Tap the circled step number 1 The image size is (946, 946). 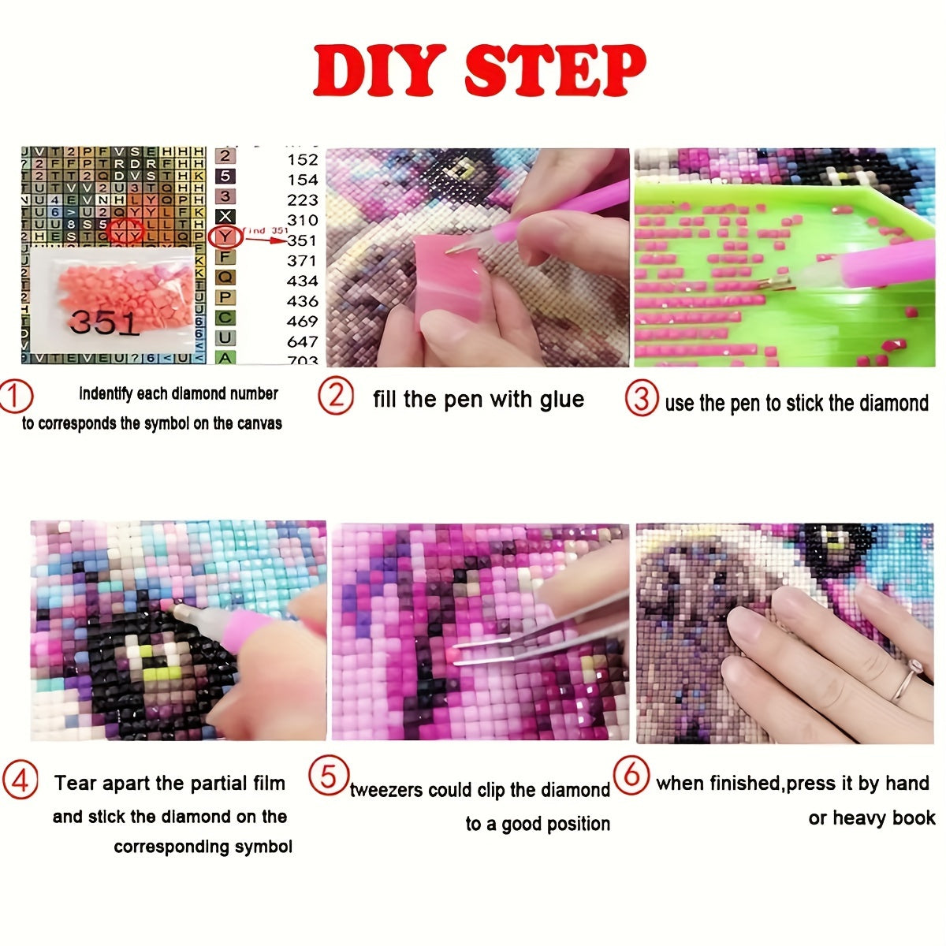(17, 397)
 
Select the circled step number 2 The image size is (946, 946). (336, 395)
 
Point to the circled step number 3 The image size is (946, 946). (642, 399)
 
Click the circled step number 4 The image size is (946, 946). (20, 781)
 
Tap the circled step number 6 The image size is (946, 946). (631, 776)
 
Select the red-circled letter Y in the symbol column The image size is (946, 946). (225, 236)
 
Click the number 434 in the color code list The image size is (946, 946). (303, 281)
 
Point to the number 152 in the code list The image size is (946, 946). (303, 160)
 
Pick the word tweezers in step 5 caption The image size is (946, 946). (386, 790)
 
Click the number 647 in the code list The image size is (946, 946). (303, 341)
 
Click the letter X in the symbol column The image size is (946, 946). (225, 216)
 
